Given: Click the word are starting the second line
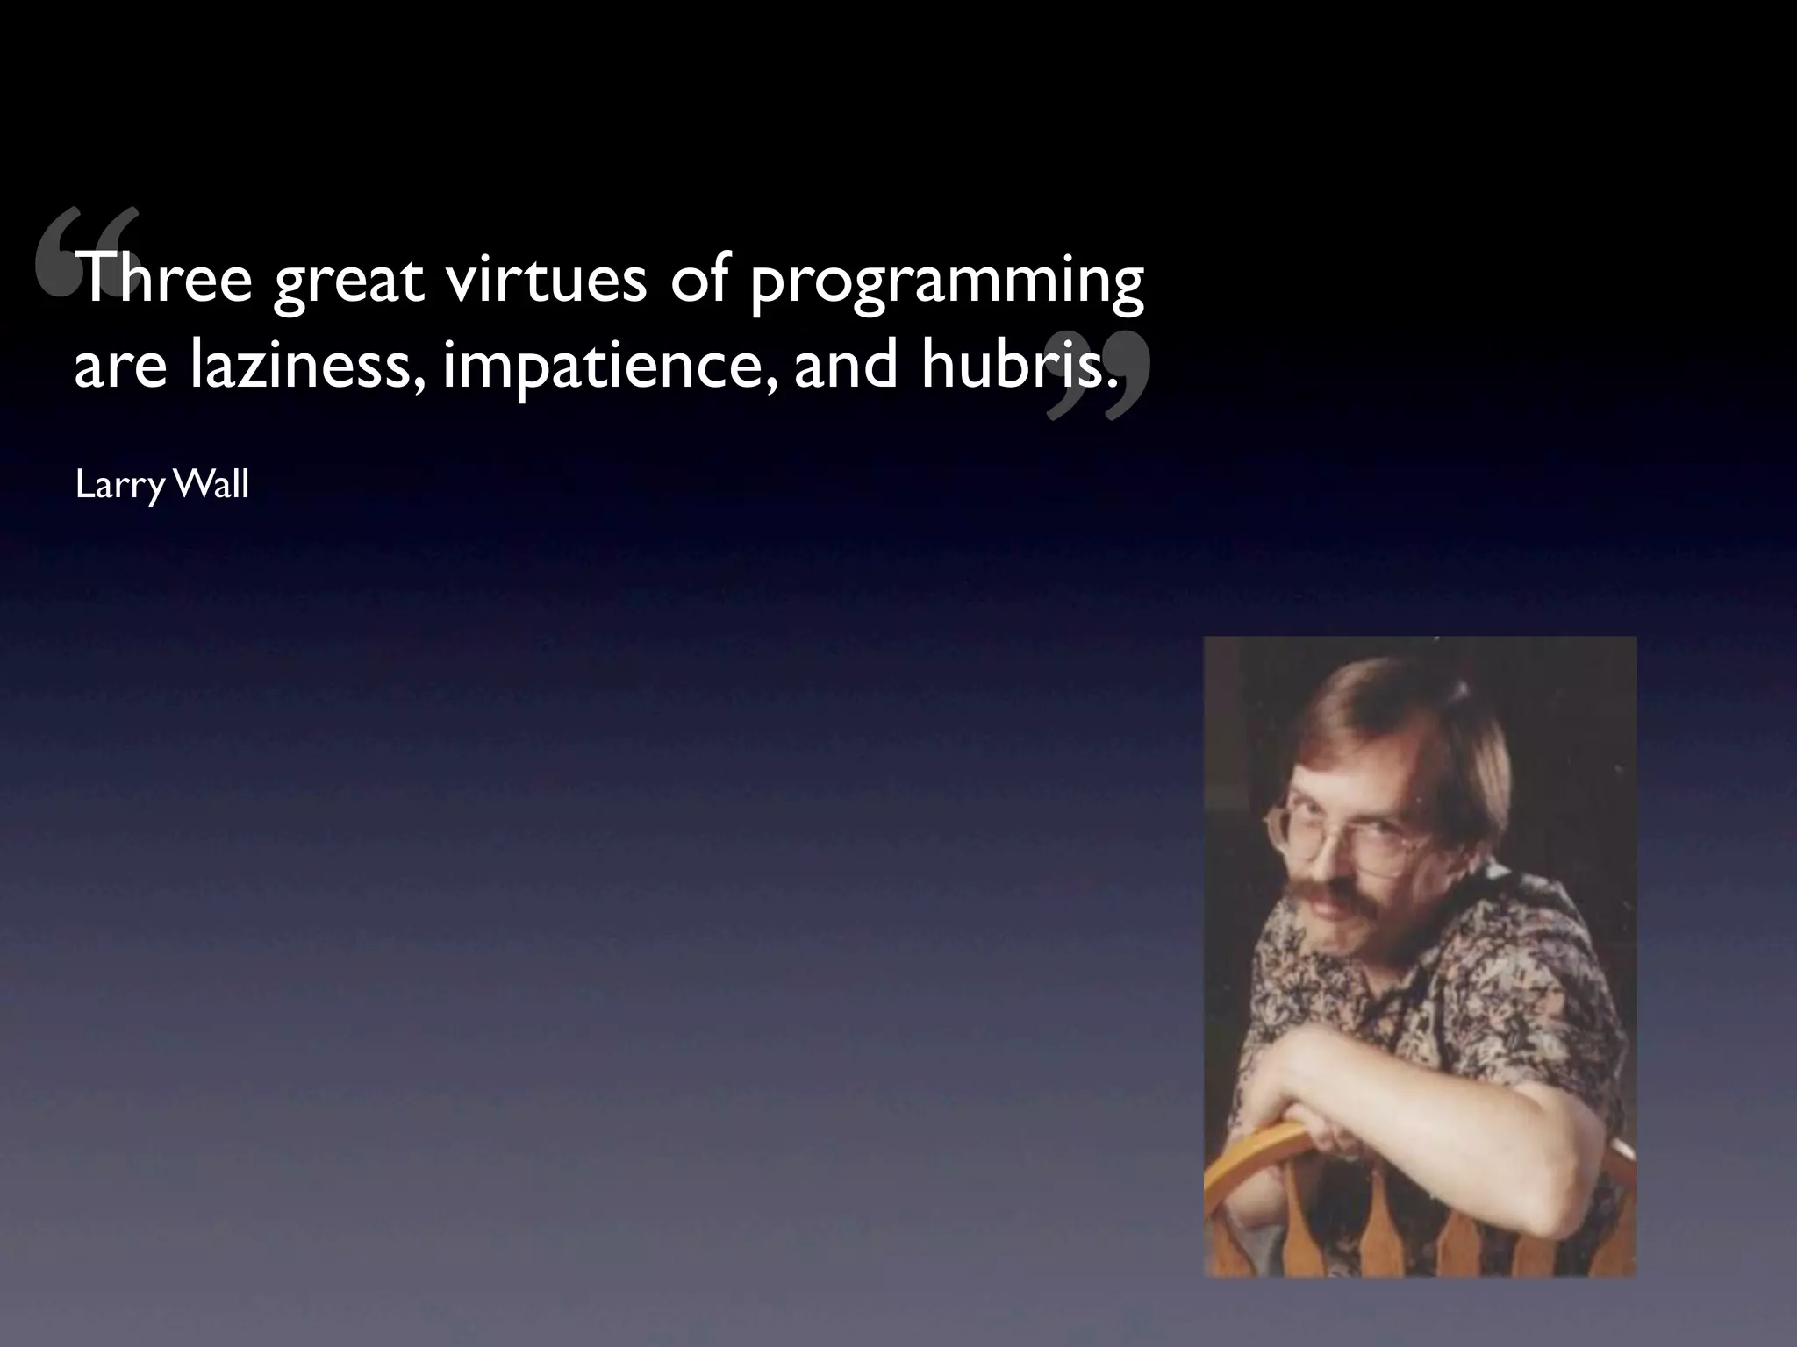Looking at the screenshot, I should pos(120,368).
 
